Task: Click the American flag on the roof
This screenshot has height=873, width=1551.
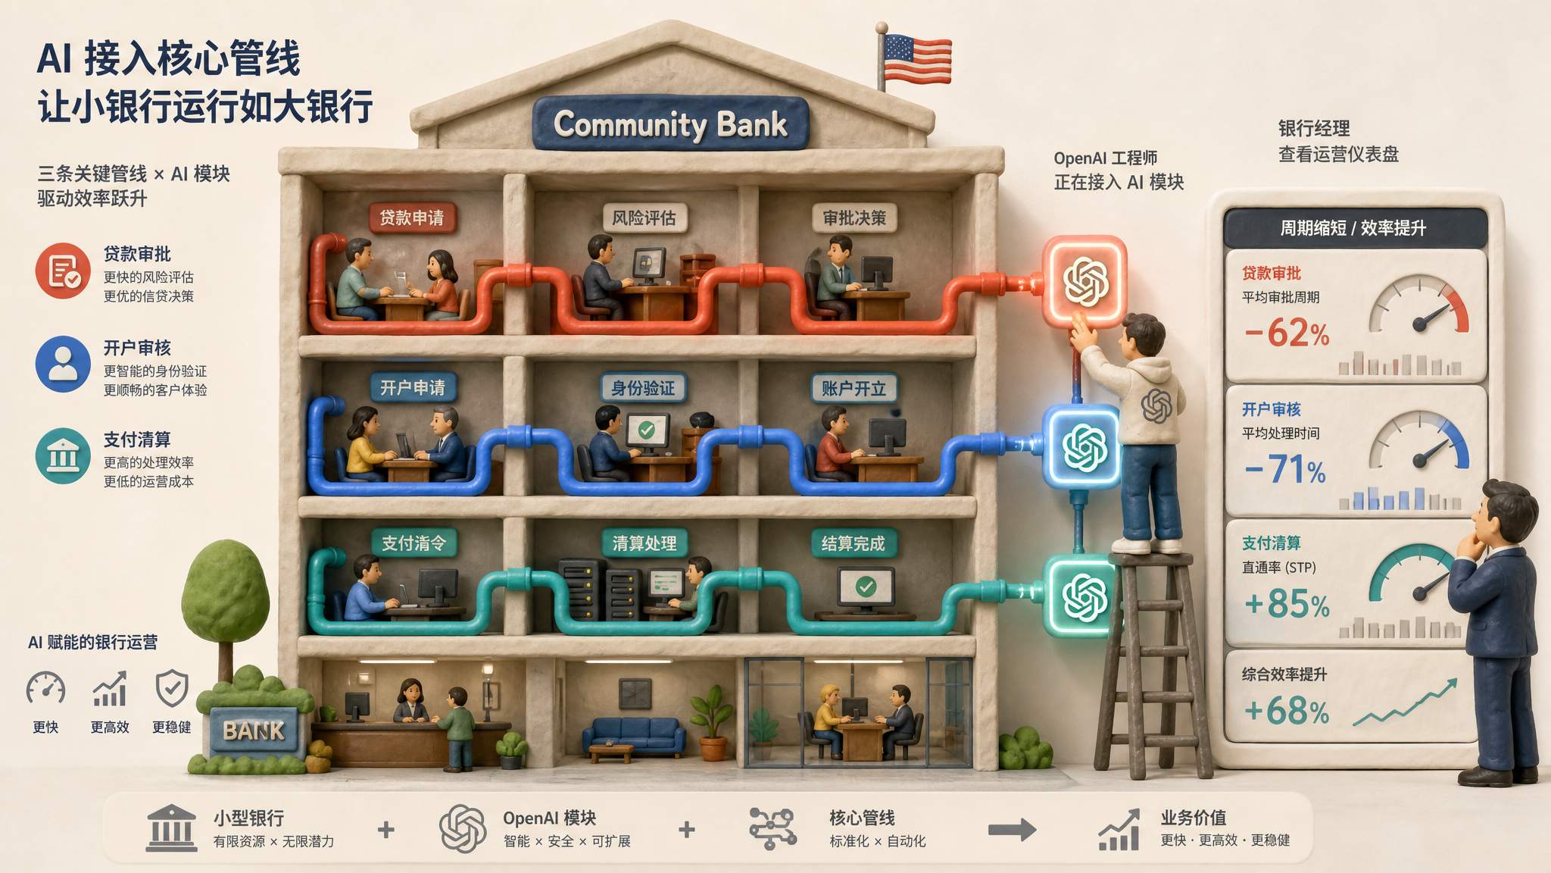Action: [x=917, y=58]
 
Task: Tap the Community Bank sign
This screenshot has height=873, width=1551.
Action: [x=670, y=124]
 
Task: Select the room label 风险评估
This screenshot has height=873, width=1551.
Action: [x=644, y=218]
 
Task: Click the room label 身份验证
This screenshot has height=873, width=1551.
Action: [x=643, y=388]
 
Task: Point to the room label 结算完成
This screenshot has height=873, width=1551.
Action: [x=854, y=543]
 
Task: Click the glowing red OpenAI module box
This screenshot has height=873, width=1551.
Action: [x=1085, y=281]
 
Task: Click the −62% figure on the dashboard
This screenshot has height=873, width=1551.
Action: [x=1287, y=333]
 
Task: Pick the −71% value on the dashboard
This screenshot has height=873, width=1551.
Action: [x=1285, y=469]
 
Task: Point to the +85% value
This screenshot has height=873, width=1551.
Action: [x=1287, y=604]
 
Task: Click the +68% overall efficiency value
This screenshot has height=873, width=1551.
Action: [x=1287, y=711]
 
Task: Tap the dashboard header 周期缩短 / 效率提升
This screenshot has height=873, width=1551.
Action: [x=1353, y=228]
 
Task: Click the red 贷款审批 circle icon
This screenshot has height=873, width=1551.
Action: [x=63, y=271]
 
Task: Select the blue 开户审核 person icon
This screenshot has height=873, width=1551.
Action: [x=63, y=364]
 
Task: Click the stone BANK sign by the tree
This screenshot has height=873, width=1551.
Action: [x=254, y=731]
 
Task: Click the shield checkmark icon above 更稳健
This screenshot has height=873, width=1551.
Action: [x=172, y=689]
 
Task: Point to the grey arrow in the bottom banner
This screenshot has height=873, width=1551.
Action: [x=1013, y=830]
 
